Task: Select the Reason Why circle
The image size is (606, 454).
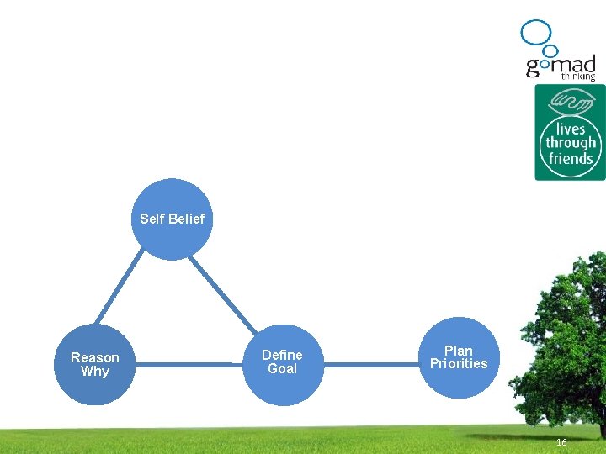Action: click(x=95, y=365)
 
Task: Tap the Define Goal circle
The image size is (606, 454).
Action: click(x=282, y=364)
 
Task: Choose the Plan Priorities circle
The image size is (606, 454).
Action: click(x=459, y=357)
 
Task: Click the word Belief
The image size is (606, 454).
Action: click(x=187, y=219)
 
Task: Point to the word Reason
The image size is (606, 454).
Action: click(x=95, y=358)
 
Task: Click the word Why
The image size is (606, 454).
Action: click(x=95, y=372)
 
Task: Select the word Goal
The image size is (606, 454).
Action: click(x=282, y=369)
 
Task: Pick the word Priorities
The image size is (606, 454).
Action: click(x=459, y=364)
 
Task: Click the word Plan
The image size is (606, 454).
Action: click(x=459, y=351)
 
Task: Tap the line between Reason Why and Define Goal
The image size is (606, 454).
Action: click(x=189, y=365)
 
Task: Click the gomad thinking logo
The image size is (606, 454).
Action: click(x=560, y=55)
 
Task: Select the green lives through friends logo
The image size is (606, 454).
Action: click(x=570, y=132)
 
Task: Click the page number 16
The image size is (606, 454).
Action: click(x=561, y=442)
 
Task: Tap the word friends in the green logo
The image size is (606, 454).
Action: click(x=570, y=158)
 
